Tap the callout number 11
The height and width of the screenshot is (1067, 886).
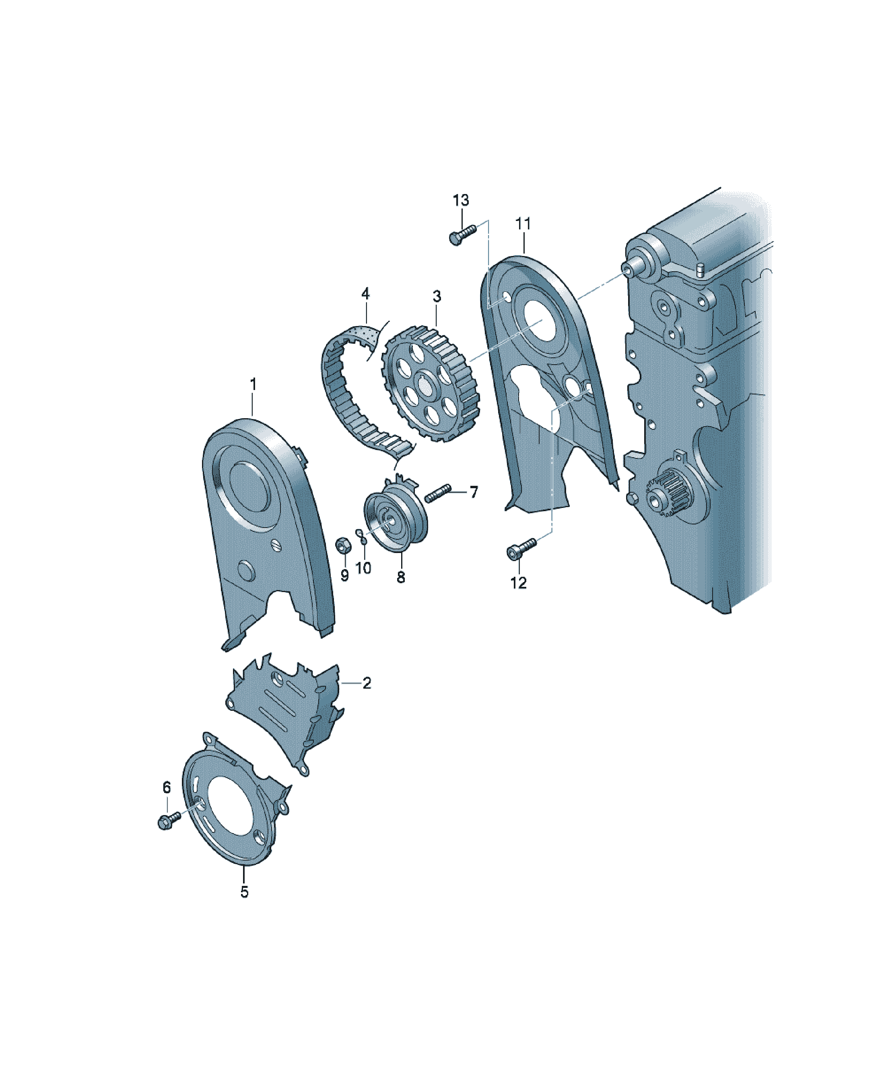[523, 223]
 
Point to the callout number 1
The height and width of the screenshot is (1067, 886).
[253, 384]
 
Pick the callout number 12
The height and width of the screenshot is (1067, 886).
[518, 583]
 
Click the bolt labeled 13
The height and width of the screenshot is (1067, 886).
[462, 235]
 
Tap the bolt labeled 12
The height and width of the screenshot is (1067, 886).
[521, 549]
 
